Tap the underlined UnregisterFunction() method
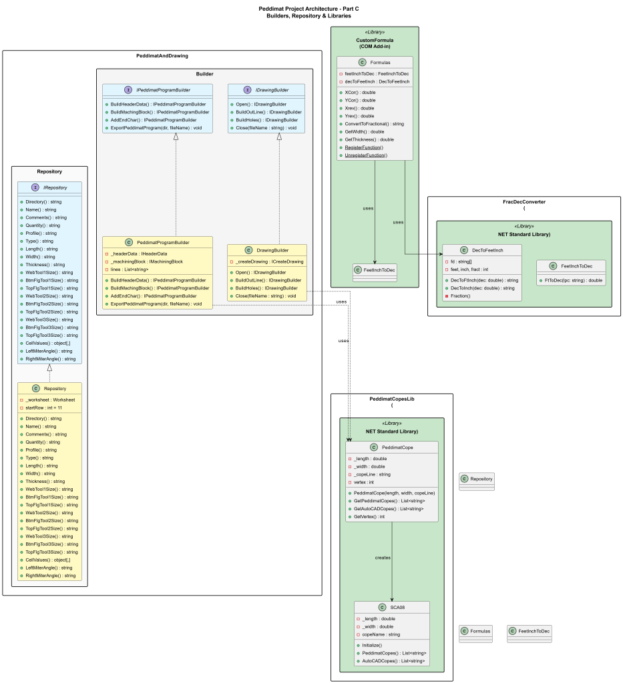366,155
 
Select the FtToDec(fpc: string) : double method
574,280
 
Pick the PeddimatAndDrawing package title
162,56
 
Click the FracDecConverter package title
524,201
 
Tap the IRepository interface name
58,187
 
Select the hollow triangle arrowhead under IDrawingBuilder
279,137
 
